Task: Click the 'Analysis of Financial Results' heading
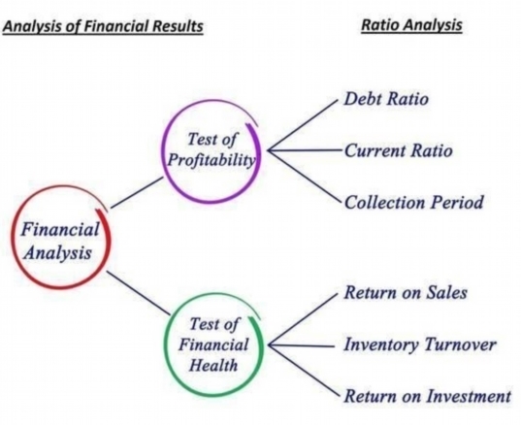point(103,26)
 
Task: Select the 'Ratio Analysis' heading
point(411,25)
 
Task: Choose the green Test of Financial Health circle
point(165,345)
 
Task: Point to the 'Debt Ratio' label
point(386,99)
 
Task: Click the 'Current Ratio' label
point(398,150)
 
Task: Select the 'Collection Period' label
point(413,203)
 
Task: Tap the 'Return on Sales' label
point(406,292)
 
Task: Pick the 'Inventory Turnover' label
point(420,344)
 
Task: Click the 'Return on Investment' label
point(427,396)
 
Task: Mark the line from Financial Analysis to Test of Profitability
point(137,193)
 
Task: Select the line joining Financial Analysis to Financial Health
point(138,293)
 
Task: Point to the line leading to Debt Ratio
point(303,124)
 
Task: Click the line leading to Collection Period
point(304,177)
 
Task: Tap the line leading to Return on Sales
point(303,319)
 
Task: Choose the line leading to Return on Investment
point(304,372)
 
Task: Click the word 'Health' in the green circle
point(213,366)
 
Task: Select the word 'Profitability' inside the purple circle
point(212,160)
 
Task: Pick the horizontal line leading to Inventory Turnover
point(302,345)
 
